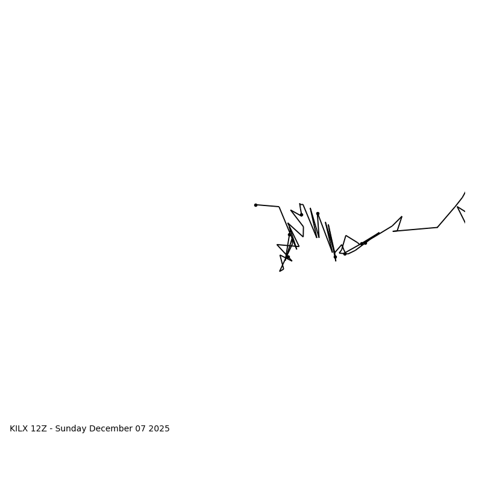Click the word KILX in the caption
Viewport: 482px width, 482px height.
tap(19, 429)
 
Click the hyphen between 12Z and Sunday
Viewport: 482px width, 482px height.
tap(52, 429)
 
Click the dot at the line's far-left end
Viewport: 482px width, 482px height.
tap(255, 205)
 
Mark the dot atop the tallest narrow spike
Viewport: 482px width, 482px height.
tap(318, 213)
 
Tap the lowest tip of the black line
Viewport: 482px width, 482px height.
tap(280, 271)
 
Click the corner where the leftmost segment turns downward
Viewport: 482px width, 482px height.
tap(279, 207)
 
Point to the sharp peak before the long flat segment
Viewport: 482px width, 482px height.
tap(402, 217)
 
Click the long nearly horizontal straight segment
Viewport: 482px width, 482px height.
tap(416, 230)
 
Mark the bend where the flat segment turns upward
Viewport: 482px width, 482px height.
tap(437, 227)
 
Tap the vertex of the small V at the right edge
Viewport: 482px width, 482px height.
tap(458, 207)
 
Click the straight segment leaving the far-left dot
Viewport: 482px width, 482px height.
tap(268, 206)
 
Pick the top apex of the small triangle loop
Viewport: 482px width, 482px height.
tap(346, 236)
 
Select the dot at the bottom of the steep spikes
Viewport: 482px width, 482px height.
tap(335, 257)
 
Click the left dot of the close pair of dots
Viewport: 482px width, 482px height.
tap(361, 244)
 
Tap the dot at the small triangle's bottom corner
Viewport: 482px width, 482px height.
tap(345, 254)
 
